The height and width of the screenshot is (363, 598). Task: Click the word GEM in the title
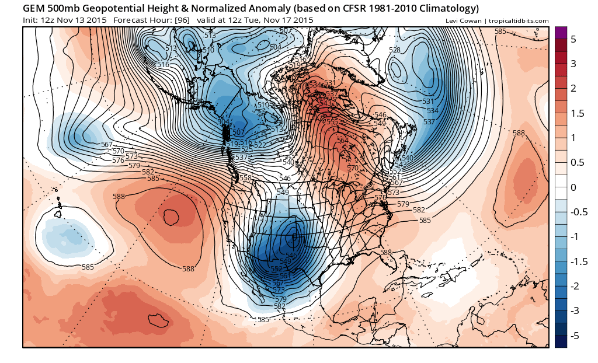pos(35,9)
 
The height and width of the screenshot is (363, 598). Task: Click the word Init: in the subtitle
pos(32,20)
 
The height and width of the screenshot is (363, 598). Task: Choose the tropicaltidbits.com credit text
pos(517,21)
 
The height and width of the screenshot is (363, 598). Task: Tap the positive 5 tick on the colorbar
pos(573,39)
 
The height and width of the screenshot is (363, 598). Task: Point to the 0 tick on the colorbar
pos(573,187)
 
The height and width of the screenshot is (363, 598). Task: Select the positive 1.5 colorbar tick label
pos(576,113)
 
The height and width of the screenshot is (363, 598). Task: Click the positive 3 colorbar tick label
pos(573,64)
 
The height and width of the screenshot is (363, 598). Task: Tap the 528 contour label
pos(395,50)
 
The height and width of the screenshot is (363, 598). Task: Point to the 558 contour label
pos(245,178)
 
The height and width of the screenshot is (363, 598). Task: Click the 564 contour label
pos(343,141)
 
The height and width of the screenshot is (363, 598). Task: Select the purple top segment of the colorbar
pos(561,32)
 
